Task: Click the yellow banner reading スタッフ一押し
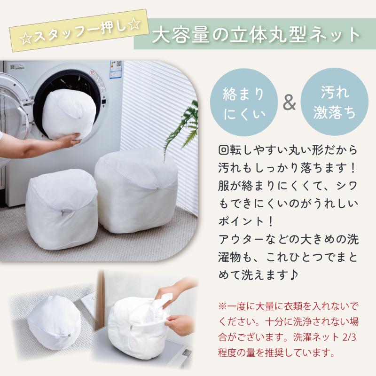[78, 30]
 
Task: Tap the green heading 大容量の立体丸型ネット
[255, 34]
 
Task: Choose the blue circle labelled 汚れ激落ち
[334, 102]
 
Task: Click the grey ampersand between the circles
[289, 103]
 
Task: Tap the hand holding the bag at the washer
[69, 140]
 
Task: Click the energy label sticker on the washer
[116, 70]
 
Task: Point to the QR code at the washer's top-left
[13, 66]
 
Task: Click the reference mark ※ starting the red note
[222, 306]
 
